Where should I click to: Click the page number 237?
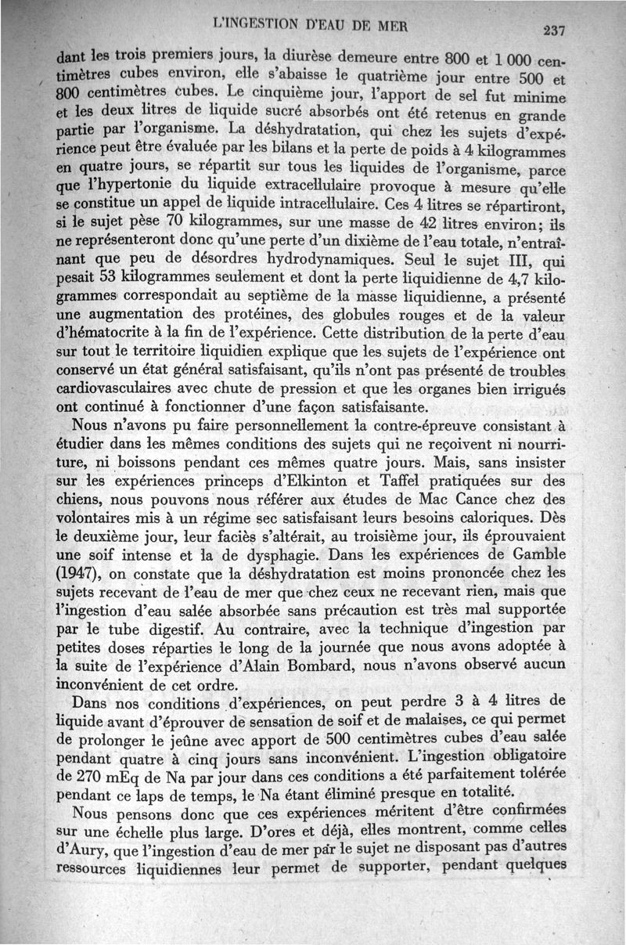click(552, 31)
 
